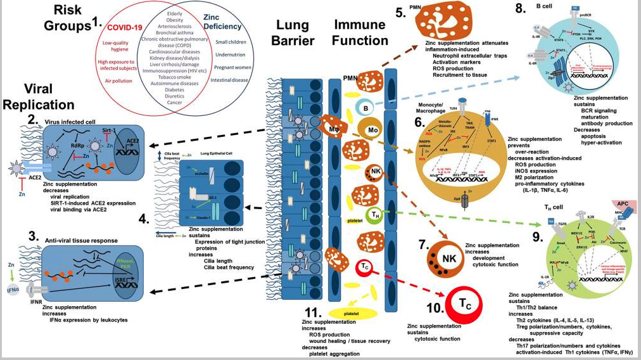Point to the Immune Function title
click(361, 33)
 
